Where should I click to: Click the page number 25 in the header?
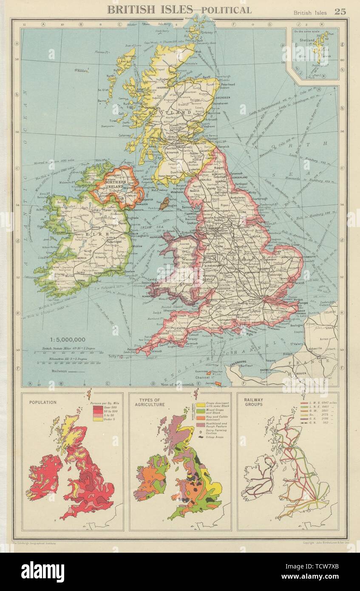[340, 11]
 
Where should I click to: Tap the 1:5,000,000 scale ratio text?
[68, 339]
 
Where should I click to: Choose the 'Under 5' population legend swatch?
[94, 419]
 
